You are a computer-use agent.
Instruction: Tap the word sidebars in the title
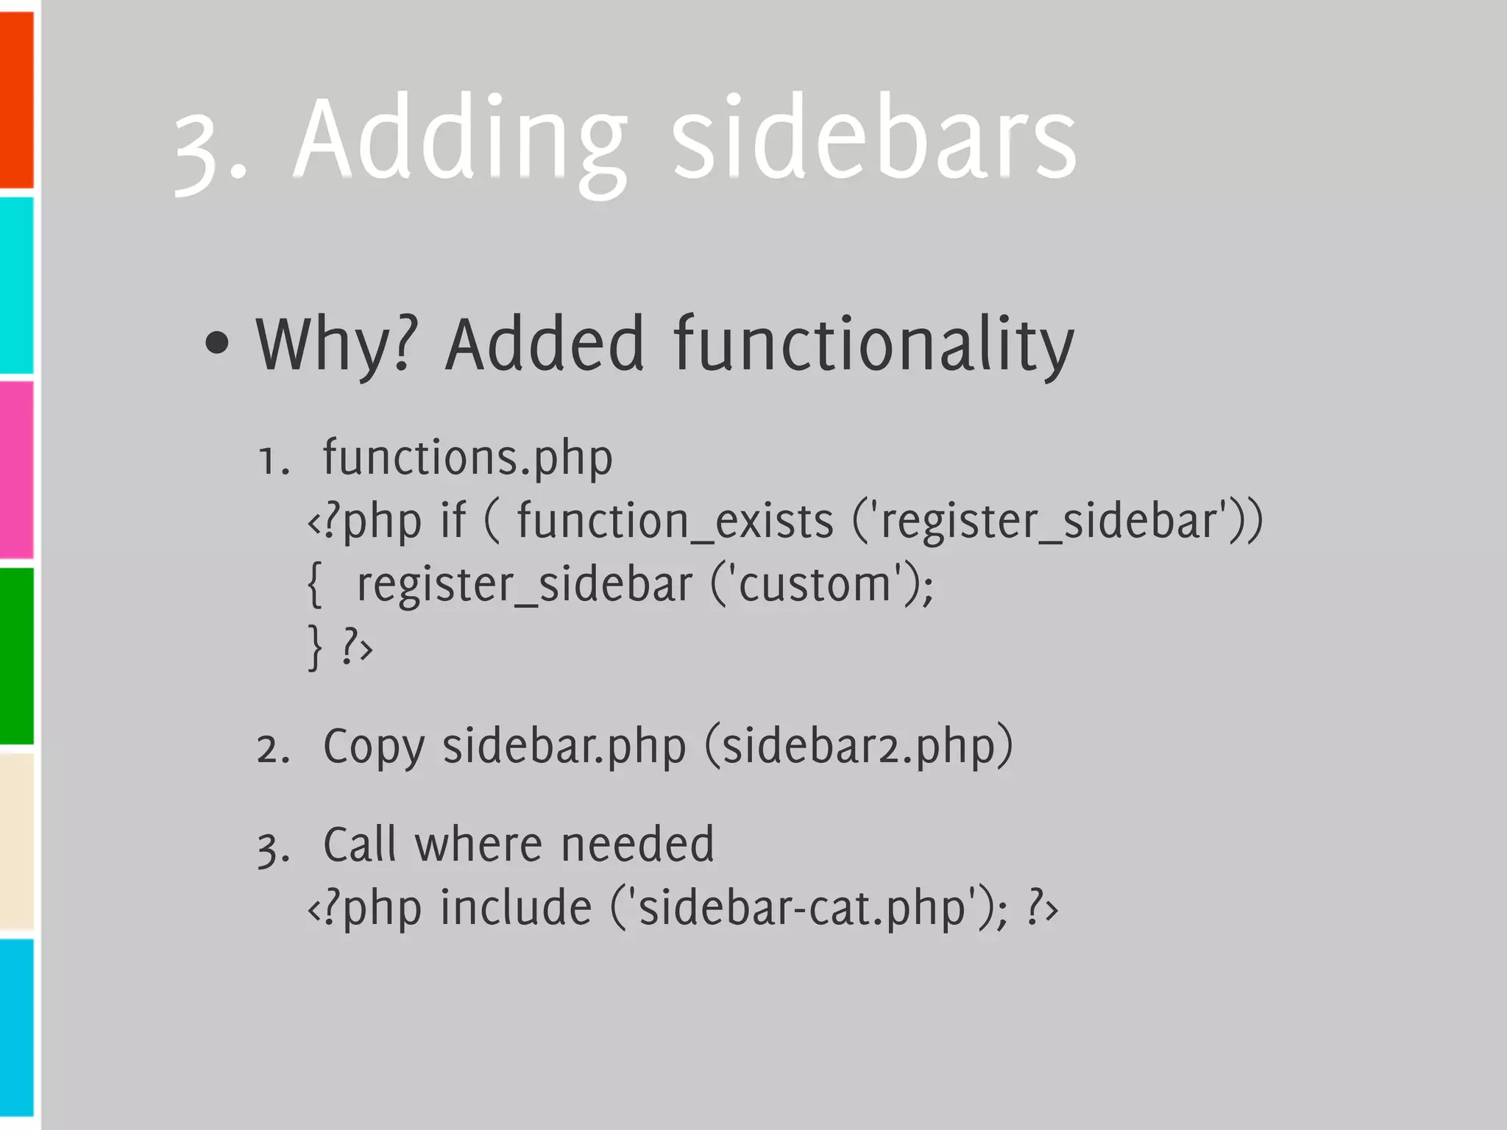[874, 140]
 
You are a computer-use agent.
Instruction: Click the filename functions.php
[467, 458]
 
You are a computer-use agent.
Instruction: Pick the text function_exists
[675, 521]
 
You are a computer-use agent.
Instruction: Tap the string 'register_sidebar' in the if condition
[1053, 521]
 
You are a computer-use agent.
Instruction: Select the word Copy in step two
[374, 747]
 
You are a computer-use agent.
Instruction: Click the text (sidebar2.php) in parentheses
[859, 747]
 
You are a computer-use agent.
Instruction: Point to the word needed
[637, 844]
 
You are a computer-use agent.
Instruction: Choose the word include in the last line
[516, 907]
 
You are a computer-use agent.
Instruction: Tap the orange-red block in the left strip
[17, 99]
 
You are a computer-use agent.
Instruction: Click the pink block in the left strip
[17, 469]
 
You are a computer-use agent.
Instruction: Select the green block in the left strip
[17, 655]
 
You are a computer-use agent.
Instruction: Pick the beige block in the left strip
[17, 840]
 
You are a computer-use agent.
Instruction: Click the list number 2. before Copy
[273, 750]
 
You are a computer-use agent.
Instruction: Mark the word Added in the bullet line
[545, 344]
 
